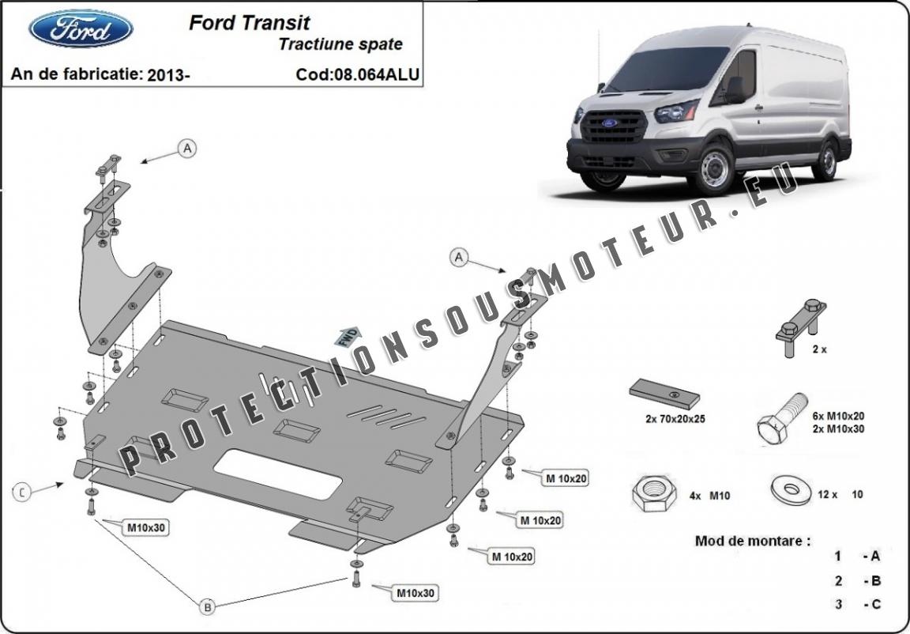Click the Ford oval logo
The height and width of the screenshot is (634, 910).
point(81,29)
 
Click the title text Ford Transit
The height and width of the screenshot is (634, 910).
point(249,23)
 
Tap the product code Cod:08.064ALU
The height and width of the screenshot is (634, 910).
point(357,75)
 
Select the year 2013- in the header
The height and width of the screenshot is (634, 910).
point(168,75)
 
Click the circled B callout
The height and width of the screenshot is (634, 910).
point(207,607)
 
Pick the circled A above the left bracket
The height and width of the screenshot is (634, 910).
point(186,148)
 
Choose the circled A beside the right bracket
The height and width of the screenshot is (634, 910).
point(458,256)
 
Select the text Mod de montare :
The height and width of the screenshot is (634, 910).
point(752,542)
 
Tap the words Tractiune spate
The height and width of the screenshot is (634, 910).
point(340,45)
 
